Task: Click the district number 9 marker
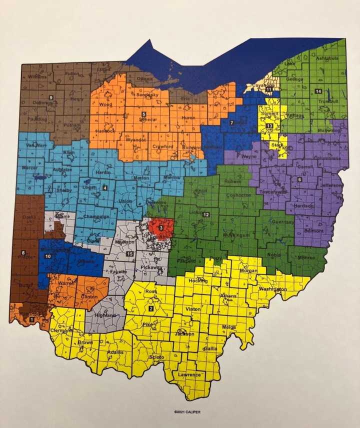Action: (x=50, y=97)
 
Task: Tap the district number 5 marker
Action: (x=143, y=114)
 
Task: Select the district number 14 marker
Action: (x=318, y=91)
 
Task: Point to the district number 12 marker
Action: (x=205, y=214)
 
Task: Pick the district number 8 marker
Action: (x=23, y=253)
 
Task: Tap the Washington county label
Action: (x=273, y=289)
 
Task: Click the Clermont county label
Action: (x=61, y=330)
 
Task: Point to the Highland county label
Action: (x=105, y=315)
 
